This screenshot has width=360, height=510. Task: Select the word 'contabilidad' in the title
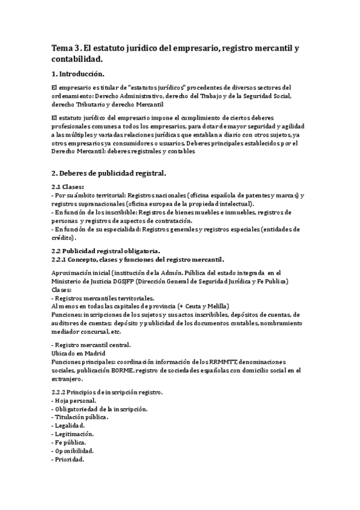pos(76,59)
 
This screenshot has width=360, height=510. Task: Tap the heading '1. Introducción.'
pos(78,75)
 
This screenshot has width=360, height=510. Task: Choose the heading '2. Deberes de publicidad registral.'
pos(108,173)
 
